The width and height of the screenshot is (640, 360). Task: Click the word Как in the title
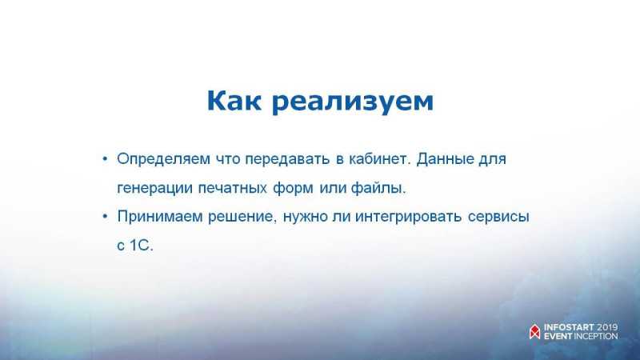[x=234, y=101]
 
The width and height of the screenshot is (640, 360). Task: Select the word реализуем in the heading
[x=353, y=103]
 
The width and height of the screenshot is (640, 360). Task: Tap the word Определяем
[x=163, y=159]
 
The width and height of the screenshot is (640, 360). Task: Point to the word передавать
[x=287, y=159]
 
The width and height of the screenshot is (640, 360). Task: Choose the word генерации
[x=154, y=189]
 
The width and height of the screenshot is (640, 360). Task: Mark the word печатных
[x=233, y=189]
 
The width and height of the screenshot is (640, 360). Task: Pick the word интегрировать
[x=409, y=218]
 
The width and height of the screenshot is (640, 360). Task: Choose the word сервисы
[x=498, y=217]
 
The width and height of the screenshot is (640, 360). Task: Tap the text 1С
[x=142, y=246]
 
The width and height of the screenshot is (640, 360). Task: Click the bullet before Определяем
[x=105, y=158]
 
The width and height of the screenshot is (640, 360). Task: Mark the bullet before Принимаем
[x=105, y=216]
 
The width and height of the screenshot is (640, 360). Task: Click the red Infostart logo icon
[x=534, y=332]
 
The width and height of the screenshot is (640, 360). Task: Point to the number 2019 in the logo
[x=607, y=327]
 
